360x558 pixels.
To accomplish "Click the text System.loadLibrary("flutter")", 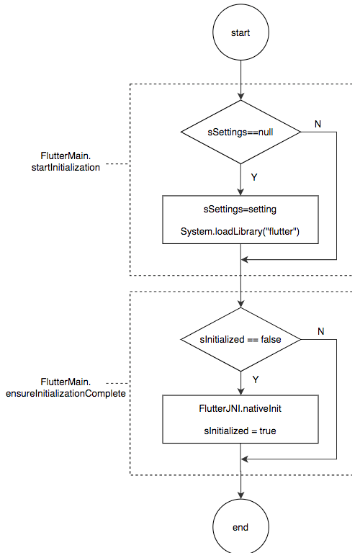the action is coord(240,232).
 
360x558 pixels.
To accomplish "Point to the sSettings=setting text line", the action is coord(240,210).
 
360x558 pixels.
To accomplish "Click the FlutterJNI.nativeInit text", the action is coord(240,408).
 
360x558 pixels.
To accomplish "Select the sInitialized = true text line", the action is coord(240,431).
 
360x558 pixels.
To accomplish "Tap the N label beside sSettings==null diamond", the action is coord(318,124).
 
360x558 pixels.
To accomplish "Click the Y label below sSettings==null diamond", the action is coord(254,177).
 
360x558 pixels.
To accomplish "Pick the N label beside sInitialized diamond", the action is coord(321,331).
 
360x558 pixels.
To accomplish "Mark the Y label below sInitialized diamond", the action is coord(256,379).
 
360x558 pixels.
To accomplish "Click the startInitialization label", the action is coord(66,168).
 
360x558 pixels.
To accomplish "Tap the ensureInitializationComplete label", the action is coord(66,394).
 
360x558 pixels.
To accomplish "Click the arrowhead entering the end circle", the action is coord(240,495).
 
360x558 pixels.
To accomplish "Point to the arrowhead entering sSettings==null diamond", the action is coord(240,96).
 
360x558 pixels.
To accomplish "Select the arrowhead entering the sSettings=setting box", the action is coord(240,192).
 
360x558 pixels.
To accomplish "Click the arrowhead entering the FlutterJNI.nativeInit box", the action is coord(240,392).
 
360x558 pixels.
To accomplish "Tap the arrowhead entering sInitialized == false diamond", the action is coord(240,304).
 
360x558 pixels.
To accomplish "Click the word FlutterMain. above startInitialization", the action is coord(66,156).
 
